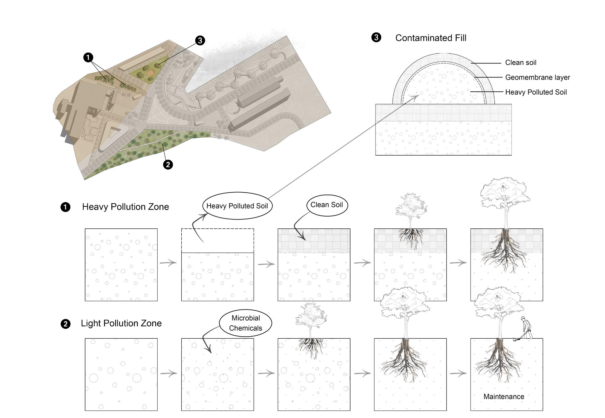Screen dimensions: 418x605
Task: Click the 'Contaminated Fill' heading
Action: pyautogui.click(x=430, y=38)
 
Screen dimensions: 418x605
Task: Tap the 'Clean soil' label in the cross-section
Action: pyautogui.click(x=521, y=63)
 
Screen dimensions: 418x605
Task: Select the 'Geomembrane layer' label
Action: pyautogui.click(x=537, y=77)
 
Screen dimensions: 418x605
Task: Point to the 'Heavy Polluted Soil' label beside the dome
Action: pyautogui.click(x=536, y=92)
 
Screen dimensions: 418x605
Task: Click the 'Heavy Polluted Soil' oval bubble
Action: pyautogui.click(x=237, y=206)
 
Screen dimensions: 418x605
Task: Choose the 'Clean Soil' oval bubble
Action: pyautogui.click(x=327, y=205)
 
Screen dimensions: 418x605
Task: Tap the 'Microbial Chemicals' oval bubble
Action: pyautogui.click(x=245, y=323)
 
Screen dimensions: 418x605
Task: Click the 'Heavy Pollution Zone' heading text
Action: pyautogui.click(x=125, y=207)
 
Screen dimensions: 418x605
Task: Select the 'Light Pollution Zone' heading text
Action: pyautogui.click(x=121, y=323)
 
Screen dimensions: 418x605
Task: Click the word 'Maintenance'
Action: pyautogui.click(x=504, y=397)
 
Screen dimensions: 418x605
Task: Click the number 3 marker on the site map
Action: pyautogui.click(x=200, y=40)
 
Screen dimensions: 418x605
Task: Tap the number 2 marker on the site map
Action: pyautogui.click(x=168, y=165)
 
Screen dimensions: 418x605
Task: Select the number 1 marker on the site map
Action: pyautogui.click(x=88, y=57)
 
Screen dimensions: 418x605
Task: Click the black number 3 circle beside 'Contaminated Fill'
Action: pyautogui.click(x=376, y=38)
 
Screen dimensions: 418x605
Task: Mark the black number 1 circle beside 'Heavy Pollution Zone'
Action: pyautogui.click(x=65, y=207)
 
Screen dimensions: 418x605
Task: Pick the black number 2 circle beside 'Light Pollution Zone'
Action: pyautogui.click(x=65, y=324)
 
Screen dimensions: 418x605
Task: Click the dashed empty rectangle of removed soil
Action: pyautogui.click(x=217, y=241)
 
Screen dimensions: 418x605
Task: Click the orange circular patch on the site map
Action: pyautogui.click(x=150, y=73)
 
